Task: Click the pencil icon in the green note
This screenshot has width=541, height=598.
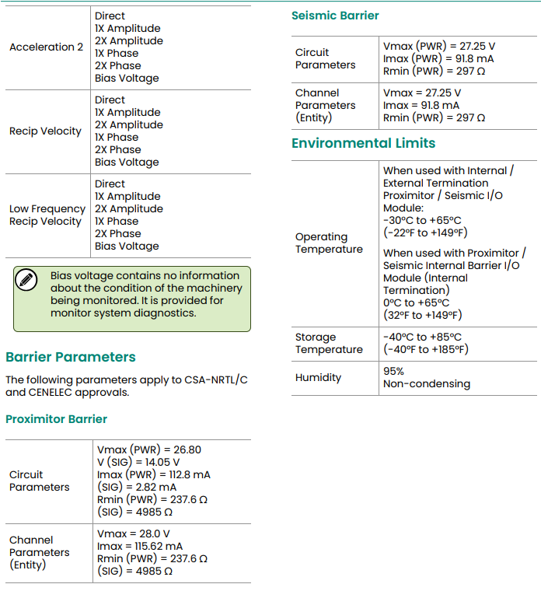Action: point(26,280)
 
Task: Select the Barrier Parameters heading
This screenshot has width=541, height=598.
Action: point(71,357)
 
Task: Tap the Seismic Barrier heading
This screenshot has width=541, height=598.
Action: point(335,16)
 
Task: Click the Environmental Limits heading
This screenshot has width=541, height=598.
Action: point(363,143)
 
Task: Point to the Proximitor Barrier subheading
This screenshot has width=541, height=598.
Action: point(56,419)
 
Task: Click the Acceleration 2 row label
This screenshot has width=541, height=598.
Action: point(46,47)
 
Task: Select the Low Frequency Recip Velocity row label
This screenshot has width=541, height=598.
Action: point(47,215)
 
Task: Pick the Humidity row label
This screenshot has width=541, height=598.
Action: point(318,378)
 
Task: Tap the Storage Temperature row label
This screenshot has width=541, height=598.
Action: point(328,344)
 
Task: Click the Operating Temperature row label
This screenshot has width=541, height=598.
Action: point(328,243)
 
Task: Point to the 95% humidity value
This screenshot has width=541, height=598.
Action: point(393,372)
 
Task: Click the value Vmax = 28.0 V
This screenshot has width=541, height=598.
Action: point(134,534)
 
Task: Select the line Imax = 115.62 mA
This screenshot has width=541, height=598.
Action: point(140,547)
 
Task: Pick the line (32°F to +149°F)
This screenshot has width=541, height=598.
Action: point(422,316)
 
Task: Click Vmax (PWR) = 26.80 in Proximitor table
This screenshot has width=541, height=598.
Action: point(149,449)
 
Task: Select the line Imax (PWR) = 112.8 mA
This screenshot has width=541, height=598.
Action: point(154,474)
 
